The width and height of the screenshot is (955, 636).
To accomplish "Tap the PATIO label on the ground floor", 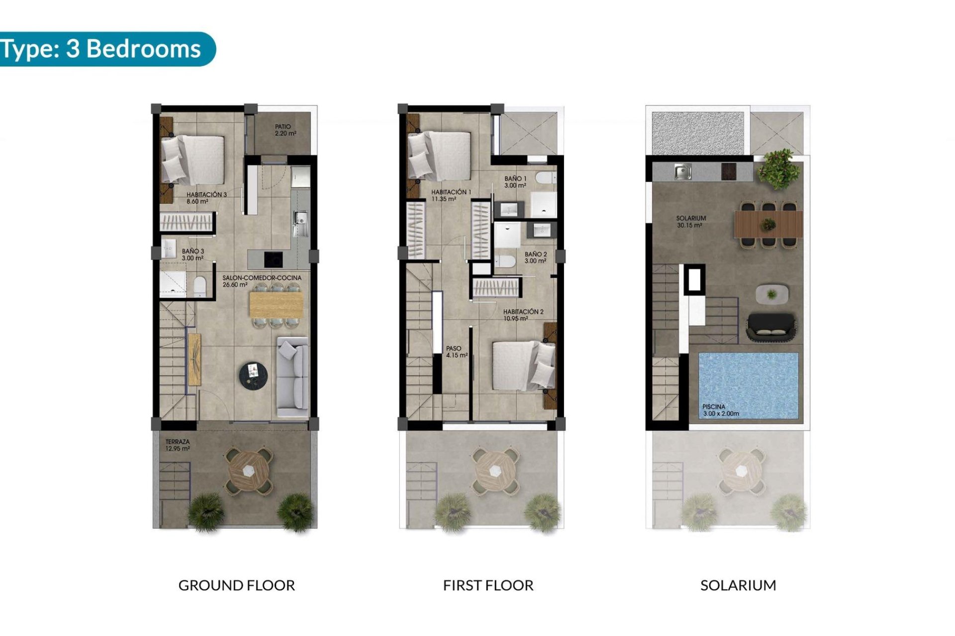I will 286,130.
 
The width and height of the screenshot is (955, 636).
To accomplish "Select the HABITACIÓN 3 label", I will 206,198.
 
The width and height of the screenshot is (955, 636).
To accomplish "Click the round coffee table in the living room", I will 253,374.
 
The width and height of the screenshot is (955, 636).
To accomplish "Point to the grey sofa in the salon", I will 293,376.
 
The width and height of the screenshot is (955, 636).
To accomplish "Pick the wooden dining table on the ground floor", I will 276,305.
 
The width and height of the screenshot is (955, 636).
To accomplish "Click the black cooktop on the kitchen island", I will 273,259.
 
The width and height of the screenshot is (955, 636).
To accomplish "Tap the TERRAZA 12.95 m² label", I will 178,445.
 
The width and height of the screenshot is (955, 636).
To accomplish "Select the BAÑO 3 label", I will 192,254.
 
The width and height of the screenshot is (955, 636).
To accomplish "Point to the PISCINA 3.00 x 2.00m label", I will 720,410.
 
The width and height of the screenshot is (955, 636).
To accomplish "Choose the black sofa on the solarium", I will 770,327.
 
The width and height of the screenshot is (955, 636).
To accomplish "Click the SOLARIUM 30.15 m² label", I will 690,222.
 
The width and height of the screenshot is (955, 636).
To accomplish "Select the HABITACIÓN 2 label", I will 523,315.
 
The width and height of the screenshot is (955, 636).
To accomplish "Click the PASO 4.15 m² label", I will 456,352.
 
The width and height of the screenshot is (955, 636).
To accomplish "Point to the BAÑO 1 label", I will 515,182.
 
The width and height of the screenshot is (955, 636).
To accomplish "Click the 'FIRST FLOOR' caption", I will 488,585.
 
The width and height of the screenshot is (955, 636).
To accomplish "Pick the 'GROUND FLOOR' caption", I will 236,585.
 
